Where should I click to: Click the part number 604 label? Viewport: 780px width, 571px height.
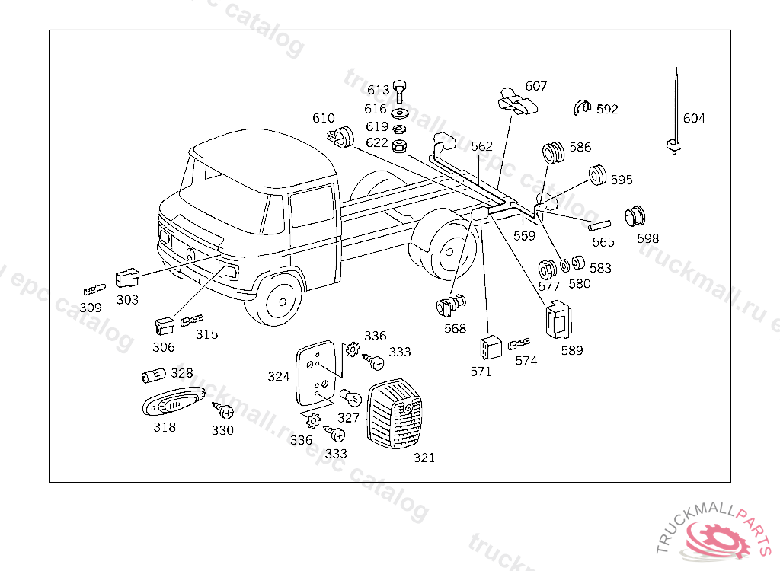pyautogui.click(x=693, y=118)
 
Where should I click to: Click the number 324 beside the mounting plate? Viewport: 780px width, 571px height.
pyautogui.click(x=278, y=376)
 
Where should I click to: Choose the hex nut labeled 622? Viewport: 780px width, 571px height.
pyautogui.click(x=399, y=143)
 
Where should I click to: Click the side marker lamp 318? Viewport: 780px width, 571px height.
pyautogui.click(x=174, y=401)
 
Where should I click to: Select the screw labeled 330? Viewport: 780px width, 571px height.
pyautogui.click(x=225, y=413)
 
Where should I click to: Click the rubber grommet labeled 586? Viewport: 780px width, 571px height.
pyautogui.click(x=553, y=153)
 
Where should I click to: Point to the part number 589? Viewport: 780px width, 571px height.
pyautogui.click(x=571, y=351)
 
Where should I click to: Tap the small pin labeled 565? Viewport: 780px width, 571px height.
pyautogui.click(x=600, y=225)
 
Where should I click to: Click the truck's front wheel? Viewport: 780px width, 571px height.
pyautogui.click(x=280, y=300)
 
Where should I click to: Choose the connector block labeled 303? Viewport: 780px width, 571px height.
pyautogui.click(x=127, y=278)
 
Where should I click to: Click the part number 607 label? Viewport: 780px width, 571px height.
pyautogui.click(x=535, y=87)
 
